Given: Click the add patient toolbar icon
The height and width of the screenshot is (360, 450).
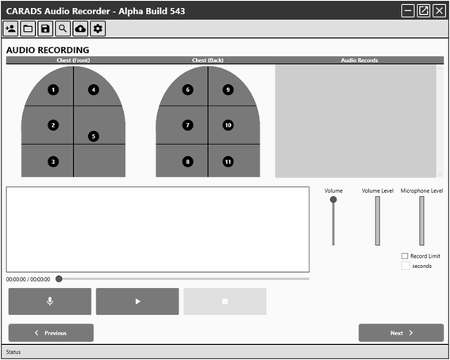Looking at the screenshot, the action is coord(10,29).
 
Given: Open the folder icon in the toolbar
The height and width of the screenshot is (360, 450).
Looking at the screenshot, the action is coord(28,29).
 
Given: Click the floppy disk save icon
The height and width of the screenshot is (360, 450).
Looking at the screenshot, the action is coord(45,29).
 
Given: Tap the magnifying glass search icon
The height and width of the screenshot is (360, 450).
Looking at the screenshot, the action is coord(63,29).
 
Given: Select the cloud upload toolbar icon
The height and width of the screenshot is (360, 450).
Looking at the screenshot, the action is coord(80,29).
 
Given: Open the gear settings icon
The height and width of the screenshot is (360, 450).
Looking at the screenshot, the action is coord(98,29).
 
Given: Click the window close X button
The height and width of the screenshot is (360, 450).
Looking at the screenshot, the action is coord(440,11).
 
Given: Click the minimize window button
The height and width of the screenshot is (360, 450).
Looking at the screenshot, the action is coord(408,11).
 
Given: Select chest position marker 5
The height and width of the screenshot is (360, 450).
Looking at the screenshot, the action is coord(94,136).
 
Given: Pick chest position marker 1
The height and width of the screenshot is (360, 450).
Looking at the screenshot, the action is coord(53,90).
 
